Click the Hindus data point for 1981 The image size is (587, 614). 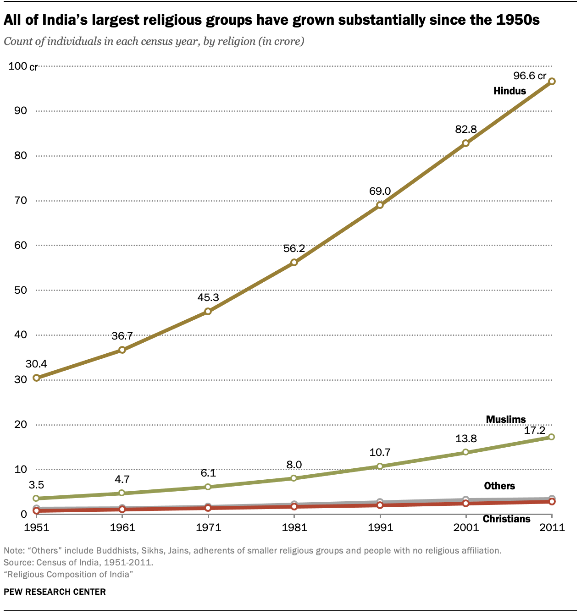[x=294, y=263]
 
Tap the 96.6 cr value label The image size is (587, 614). [x=530, y=76]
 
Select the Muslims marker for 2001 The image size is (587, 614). [x=466, y=452]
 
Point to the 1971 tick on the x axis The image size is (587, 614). [x=208, y=527]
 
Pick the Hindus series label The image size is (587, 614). [x=509, y=91]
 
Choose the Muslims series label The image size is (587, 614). [x=506, y=419]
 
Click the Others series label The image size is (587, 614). [x=499, y=486]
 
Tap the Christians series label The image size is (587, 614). [x=507, y=519]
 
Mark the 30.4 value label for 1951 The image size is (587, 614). [x=36, y=364]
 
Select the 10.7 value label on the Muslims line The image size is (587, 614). [x=380, y=453]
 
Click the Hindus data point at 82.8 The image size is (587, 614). [x=465, y=143]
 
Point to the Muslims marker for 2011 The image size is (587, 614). [x=551, y=437]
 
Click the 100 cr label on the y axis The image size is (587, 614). [x=22, y=66]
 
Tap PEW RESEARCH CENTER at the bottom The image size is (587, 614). [x=55, y=592]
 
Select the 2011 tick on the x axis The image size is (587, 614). [x=552, y=527]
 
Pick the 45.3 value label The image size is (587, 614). [x=208, y=297]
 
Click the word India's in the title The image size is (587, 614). [x=66, y=21]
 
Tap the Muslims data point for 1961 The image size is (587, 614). [x=122, y=493]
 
